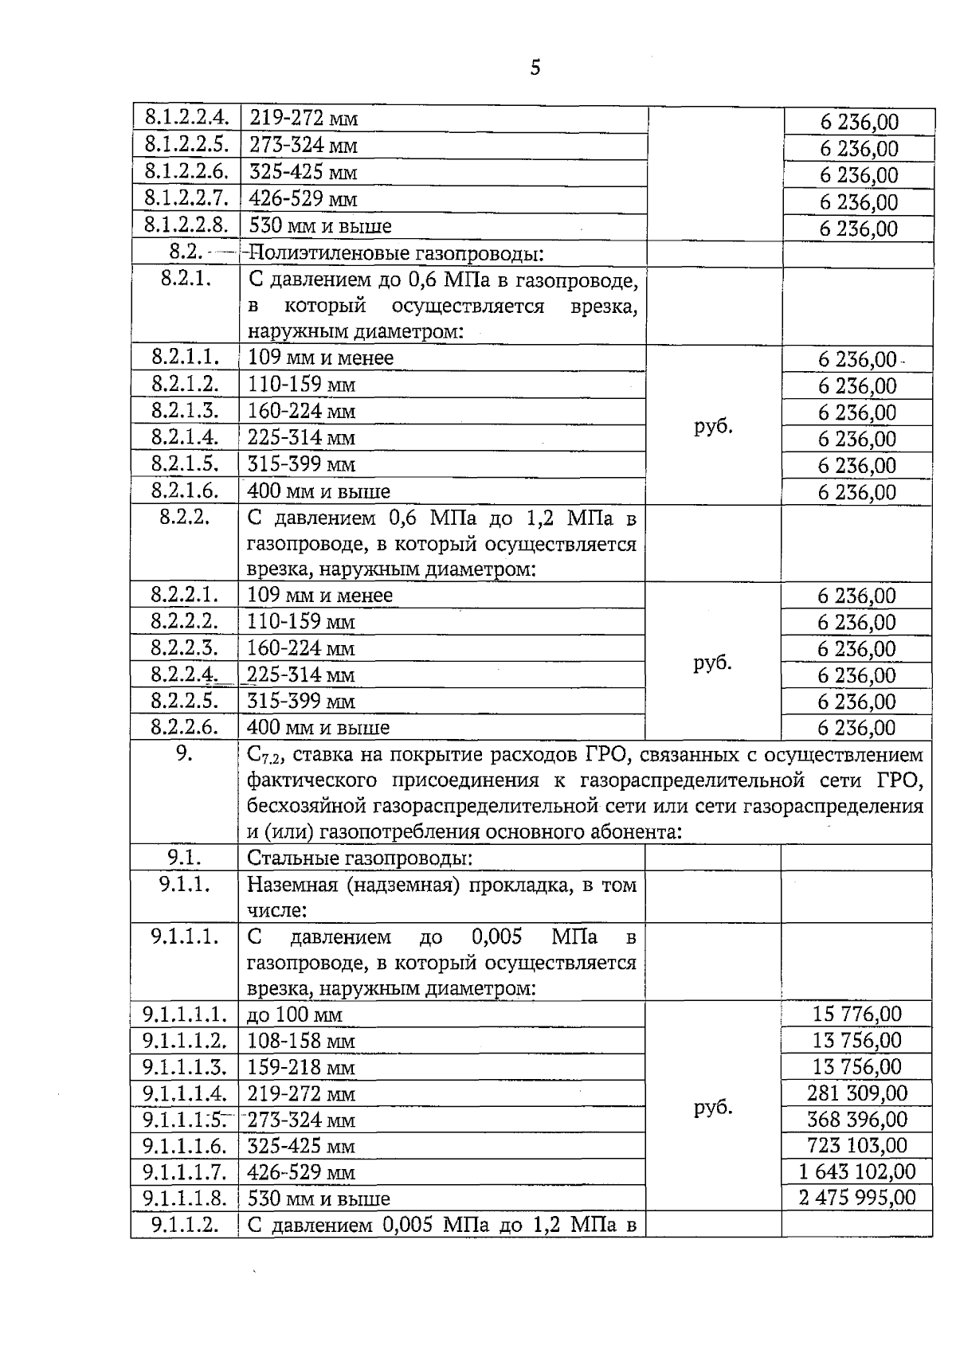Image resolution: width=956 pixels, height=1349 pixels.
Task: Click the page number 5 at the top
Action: click(x=535, y=68)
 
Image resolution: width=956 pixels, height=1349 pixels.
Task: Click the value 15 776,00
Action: click(x=856, y=1014)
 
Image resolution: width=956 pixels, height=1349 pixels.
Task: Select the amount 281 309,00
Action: click(x=856, y=1093)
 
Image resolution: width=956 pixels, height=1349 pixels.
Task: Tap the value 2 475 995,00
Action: click(x=856, y=1198)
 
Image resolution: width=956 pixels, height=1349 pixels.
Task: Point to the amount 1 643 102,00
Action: click(x=856, y=1171)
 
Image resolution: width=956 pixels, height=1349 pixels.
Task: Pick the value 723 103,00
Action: click(x=856, y=1145)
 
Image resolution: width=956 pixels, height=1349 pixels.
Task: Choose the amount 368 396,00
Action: click(x=856, y=1119)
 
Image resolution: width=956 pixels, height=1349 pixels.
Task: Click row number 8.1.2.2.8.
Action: click(x=186, y=225)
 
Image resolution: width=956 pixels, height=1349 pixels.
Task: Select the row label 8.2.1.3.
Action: click(x=185, y=411)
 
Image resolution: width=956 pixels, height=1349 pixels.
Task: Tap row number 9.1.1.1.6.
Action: click(x=185, y=1146)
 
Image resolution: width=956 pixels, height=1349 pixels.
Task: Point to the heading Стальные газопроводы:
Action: click(x=360, y=858)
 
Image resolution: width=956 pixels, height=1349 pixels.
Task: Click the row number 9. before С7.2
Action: click(x=184, y=753)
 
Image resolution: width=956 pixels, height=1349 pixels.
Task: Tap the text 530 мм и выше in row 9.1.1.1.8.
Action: click(x=319, y=1198)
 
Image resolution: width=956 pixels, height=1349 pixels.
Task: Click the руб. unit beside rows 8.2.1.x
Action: click(x=713, y=425)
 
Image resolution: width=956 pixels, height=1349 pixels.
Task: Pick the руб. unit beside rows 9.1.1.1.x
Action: click(x=713, y=1107)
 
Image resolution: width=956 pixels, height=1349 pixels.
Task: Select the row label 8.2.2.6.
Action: click(x=185, y=727)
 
